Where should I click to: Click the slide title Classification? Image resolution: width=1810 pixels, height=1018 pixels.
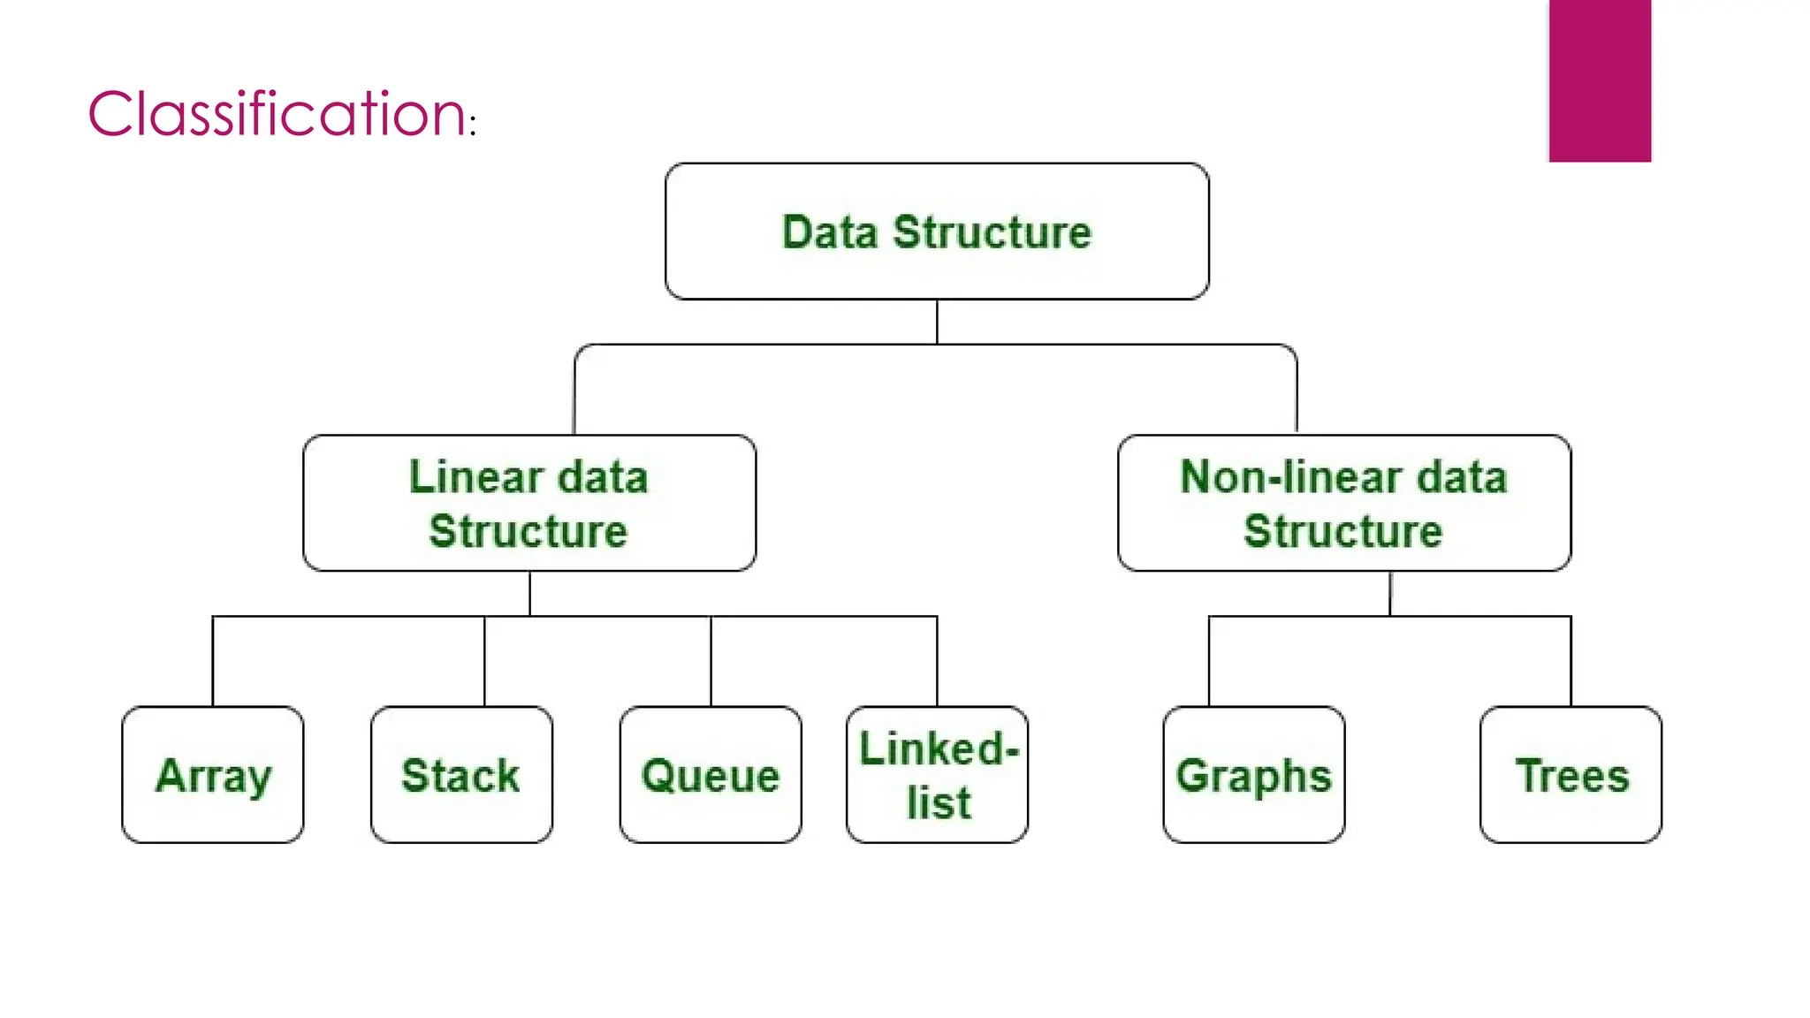(x=277, y=114)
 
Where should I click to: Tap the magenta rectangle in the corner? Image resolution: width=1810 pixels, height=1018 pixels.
(x=1599, y=80)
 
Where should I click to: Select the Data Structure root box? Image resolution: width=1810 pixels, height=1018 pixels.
(x=937, y=232)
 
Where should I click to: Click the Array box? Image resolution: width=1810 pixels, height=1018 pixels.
(x=213, y=775)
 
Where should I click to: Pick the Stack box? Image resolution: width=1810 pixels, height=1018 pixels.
(x=461, y=775)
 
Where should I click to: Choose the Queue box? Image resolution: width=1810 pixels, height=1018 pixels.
(x=711, y=775)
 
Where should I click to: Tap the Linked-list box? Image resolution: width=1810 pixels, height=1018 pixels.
(x=937, y=775)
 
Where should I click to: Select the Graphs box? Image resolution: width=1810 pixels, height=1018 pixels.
(x=1253, y=775)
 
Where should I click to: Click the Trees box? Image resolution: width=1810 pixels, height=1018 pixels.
(x=1570, y=775)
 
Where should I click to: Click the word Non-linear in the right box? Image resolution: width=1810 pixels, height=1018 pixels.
(x=1290, y=477)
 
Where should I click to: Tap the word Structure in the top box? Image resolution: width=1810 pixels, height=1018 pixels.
(x=992, y=232)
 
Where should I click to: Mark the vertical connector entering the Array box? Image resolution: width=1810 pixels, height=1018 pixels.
(x=213, y=661)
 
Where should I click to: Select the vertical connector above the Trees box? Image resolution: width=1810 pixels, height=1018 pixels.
(x=1570, y=661)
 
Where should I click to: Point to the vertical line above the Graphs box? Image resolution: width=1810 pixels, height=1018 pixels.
(x=1209, y=661)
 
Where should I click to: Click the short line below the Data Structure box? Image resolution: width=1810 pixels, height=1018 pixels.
(x=937, y=322)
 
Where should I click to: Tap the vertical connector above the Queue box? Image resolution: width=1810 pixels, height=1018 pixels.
(x=711, y=661)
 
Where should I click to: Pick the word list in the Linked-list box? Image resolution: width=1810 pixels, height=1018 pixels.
(x=939, y=803)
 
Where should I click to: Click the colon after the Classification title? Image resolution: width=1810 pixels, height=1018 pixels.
(x=474, y=126)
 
